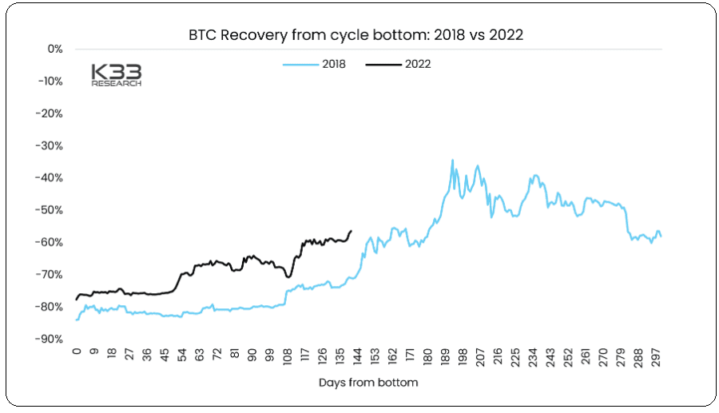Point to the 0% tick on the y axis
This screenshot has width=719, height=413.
(54, 49)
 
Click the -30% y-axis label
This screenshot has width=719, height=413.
(50, 145)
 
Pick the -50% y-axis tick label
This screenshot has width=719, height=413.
(50, 210)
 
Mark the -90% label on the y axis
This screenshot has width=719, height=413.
(50, 339)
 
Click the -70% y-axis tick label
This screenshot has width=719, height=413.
(50, 274)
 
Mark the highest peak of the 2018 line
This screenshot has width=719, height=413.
(452, 160)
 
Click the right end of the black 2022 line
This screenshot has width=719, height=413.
(351, 231)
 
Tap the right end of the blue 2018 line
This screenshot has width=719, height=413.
(661, 236)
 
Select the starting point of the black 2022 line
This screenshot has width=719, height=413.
(77, 300)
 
